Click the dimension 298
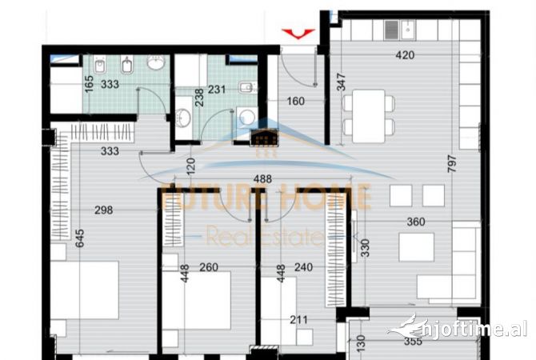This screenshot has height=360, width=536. [x=103, y=210]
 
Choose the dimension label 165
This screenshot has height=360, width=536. [x=89, y=82]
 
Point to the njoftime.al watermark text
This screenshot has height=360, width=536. [x=464, y=328]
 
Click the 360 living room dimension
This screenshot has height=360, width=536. [x=414, y=223]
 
